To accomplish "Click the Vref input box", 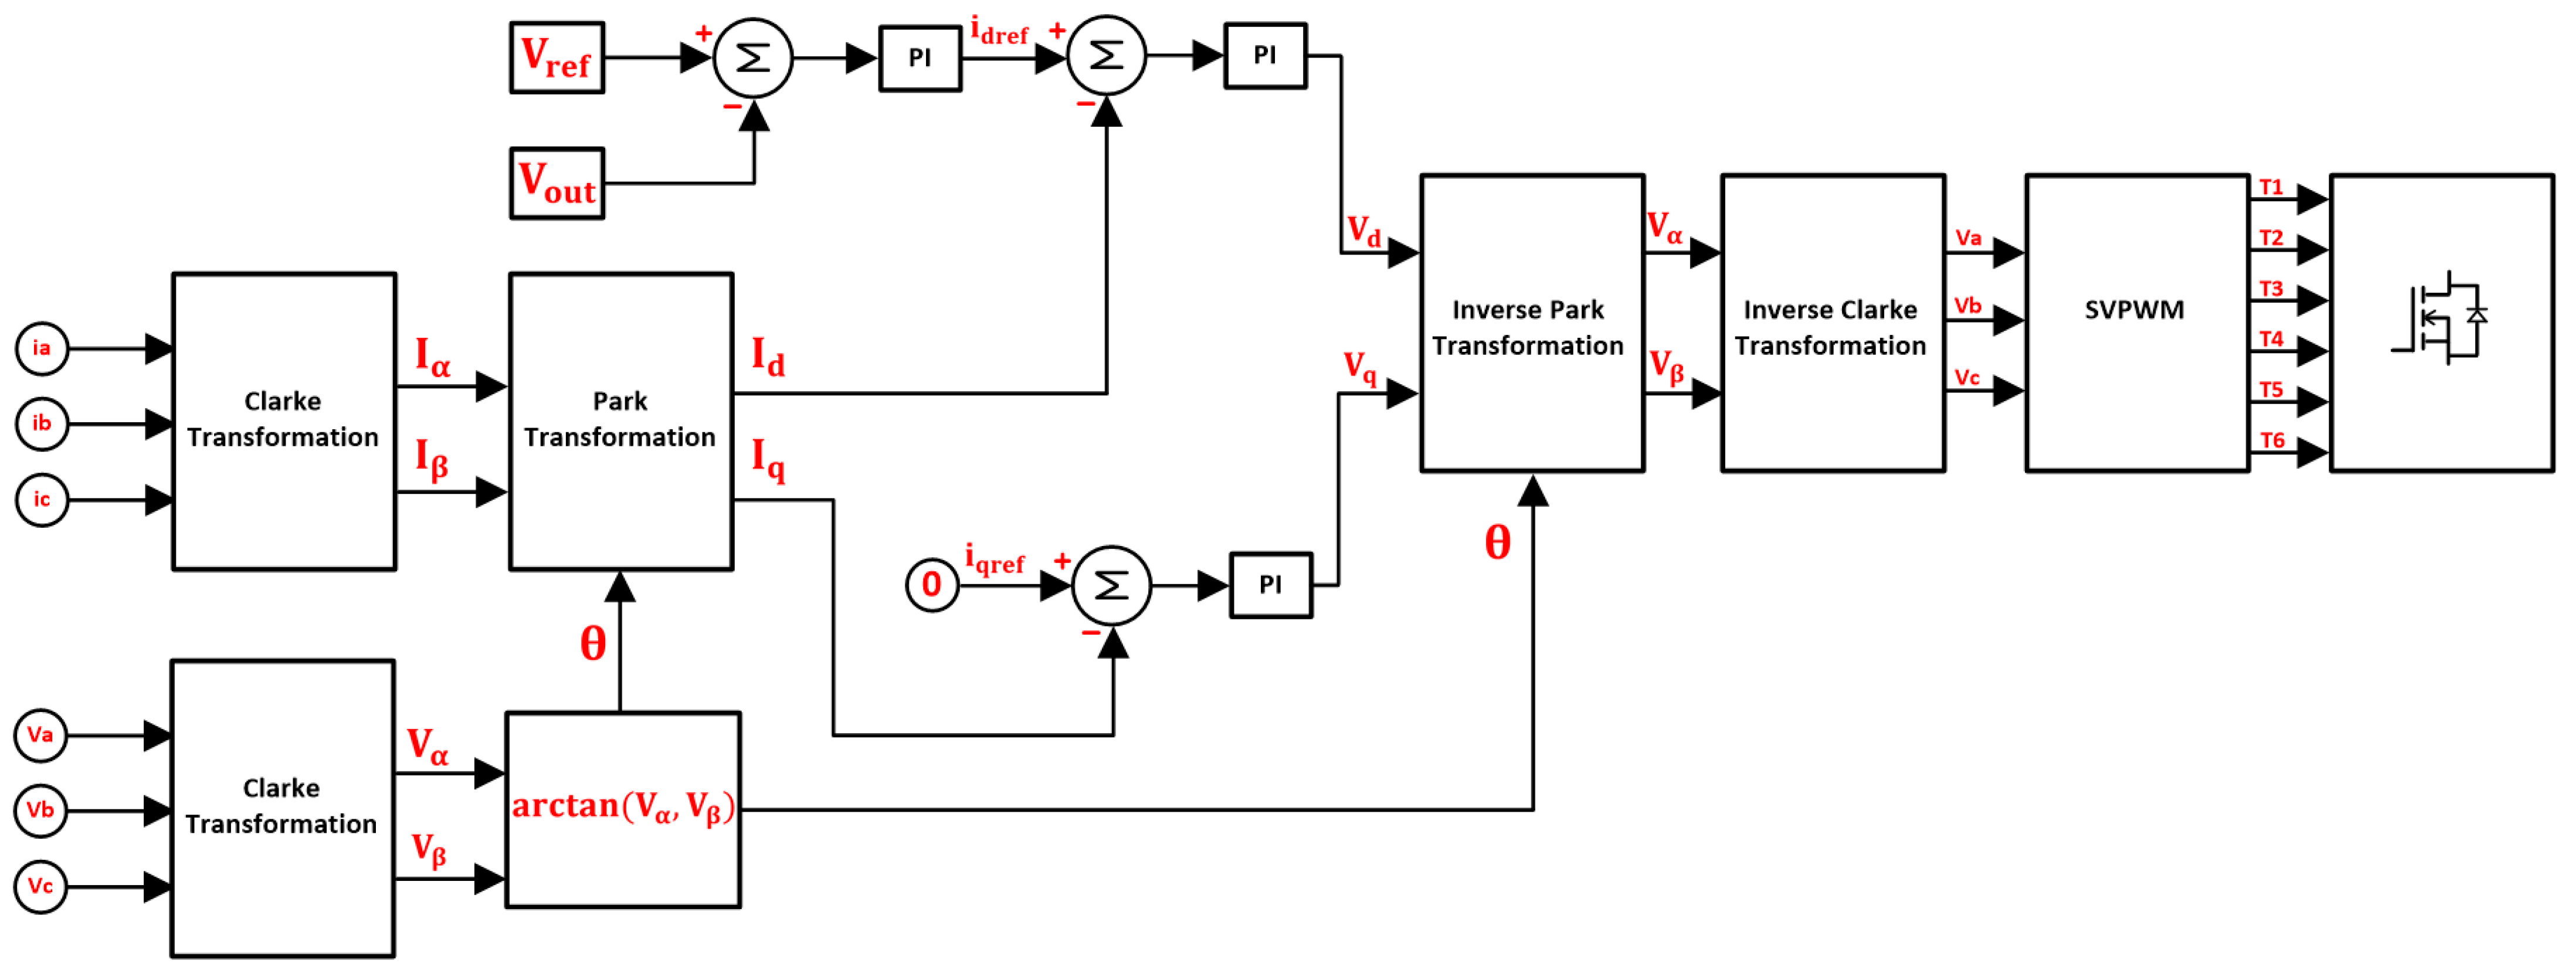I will tap(557, 58).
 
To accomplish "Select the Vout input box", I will tap(557, 184).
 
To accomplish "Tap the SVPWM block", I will tap(2135, 322).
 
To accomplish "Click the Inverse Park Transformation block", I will tap(1530, 322).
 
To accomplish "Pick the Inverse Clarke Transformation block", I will tap(1831, 322).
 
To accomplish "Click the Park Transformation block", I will tap(620, 421).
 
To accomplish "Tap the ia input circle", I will tap(42, 348).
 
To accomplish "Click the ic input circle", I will tap(42, 500).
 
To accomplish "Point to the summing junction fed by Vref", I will tap(752, 58).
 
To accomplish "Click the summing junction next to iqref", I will tap(1111, 585).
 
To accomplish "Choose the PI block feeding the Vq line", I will tap(1270, 585).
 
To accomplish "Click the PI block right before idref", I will tap(919, 58).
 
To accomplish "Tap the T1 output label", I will tap(2271, 188).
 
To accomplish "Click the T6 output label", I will tap(2272, 440).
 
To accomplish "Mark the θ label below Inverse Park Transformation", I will tap(1497, 543).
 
